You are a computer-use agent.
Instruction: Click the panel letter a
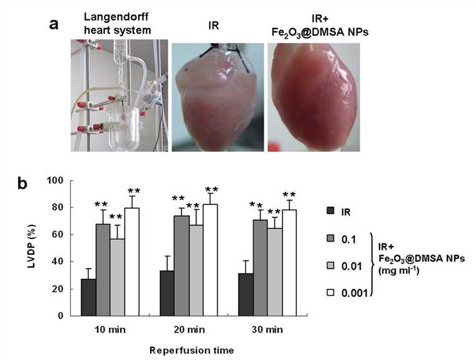(x=55, y=25)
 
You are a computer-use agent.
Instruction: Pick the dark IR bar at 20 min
(x=167, y=293)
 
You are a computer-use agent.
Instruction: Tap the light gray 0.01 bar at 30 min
(x=274, y=272)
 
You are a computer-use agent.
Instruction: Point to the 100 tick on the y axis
(x=63, y=181)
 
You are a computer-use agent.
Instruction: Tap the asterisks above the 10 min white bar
(x=133, y=191)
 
